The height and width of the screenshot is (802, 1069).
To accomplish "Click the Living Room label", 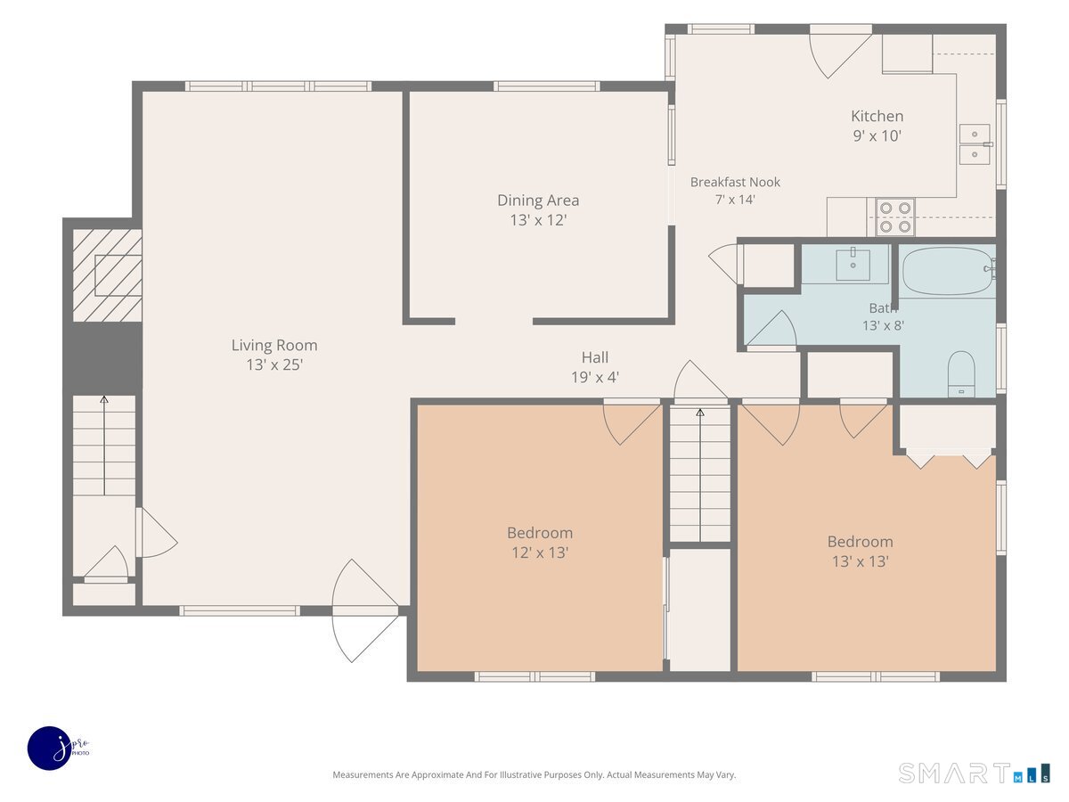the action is point(274,345).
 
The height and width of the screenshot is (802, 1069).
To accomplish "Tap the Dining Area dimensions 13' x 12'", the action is point(538,220).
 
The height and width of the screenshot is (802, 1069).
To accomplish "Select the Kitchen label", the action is point(877,116).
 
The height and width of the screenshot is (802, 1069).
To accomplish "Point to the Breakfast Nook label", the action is point(735,182).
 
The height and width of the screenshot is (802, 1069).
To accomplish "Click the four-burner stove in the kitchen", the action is point(895,217).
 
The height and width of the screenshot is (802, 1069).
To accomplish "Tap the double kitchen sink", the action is point(975,144).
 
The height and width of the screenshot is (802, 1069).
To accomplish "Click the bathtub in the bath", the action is point(947,271).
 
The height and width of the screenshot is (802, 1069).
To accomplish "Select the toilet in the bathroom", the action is point(961,374).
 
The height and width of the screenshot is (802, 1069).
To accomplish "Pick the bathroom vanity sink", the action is point(853,265).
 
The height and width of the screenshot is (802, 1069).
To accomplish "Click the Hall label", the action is point(595,357).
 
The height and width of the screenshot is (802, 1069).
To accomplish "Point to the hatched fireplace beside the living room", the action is point(108,275).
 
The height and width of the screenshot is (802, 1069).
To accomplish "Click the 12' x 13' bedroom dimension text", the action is point(540,552).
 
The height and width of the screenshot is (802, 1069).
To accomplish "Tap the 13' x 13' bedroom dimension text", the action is point(860,561).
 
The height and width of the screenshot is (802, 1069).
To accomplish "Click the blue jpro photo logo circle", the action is point(50,749).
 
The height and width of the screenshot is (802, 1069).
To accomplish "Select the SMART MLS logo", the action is point(974,773).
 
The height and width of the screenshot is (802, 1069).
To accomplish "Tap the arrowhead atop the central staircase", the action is point(700,413).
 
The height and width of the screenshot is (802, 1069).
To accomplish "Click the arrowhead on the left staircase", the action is point(103,400).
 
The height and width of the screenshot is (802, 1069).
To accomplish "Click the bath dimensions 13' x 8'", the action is point(884,326).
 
